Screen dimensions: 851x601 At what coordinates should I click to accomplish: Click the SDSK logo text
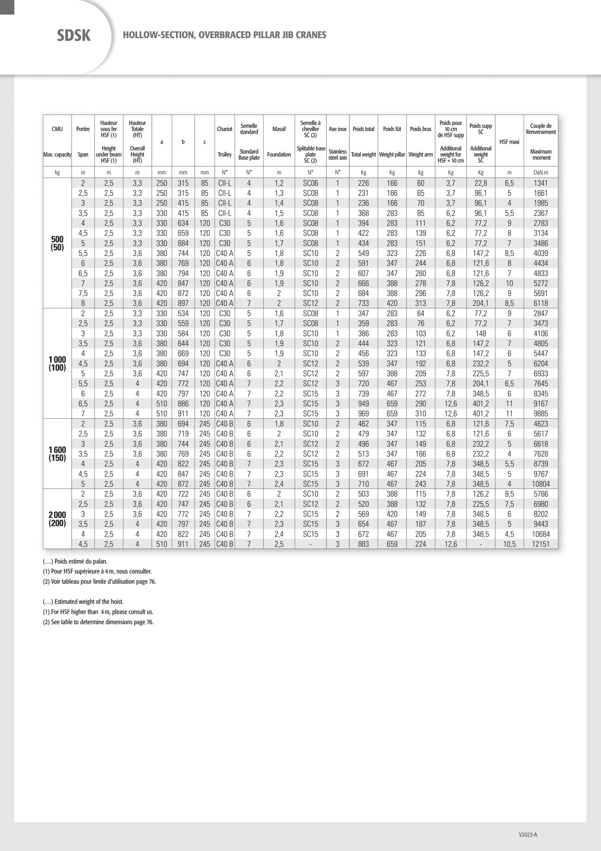coord(74,36)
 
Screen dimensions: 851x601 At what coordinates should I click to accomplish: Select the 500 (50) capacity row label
coord(57,243)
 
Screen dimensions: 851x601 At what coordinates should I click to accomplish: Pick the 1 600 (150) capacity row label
coord(57,454)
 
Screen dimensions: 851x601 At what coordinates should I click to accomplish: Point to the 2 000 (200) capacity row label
coord(57,519)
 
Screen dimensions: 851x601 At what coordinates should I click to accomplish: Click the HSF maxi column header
coord(509,142)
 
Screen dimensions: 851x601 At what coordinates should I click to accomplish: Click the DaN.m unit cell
coord(541,172)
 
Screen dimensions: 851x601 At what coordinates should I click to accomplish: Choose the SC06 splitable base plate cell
coord(310,183)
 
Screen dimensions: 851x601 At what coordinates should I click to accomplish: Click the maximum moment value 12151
coord(541,544)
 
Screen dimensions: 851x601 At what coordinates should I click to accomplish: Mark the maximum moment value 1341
coord(541,183)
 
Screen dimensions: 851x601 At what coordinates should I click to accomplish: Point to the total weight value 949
coord(363,404)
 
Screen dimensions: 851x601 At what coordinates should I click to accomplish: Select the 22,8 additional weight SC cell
coord(481,183)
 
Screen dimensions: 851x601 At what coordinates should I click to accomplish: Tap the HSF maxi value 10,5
coord(509,544)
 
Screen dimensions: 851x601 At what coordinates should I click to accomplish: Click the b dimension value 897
coord(183,303)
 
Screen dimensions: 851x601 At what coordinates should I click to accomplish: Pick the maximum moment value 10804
coord(541,484)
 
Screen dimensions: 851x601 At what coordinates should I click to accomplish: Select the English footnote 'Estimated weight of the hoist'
coord(83,602)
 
